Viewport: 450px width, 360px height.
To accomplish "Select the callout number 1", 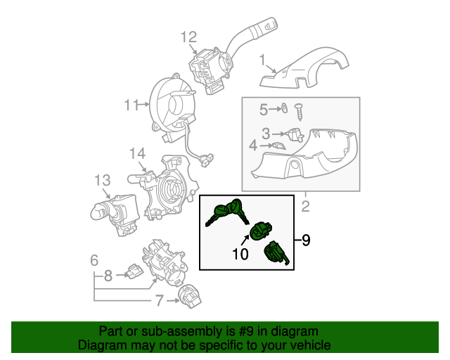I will pyautogui.click(x=262, y=60).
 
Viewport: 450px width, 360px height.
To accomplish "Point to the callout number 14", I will pyautogui.click(x=136, y=153).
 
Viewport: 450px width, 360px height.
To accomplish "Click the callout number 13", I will pyautogui.click(x=103, y=181).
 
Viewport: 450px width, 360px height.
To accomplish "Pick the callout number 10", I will pyautogui.click(x=240, y=254).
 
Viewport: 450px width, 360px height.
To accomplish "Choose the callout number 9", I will pyautogui.click(x=306, y=240).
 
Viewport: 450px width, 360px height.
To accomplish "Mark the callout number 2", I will pyautogui.click(x=306, y=206).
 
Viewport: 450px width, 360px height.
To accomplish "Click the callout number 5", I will pyautogui.click(x=264, y=109).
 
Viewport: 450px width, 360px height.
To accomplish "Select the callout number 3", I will pyautogui.click(x=266, y=133).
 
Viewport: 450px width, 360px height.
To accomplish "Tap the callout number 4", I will pyautogui.click(x=253, y=146).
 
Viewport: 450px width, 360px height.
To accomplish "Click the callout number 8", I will pyautogui.click(x=108, y=276).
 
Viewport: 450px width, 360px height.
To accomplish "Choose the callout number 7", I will pyautogui.click(x=160, y=301).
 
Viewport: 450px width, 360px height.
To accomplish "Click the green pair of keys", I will pyautogui.click(x=226, y=210).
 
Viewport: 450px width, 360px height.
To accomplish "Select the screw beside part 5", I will pyautogui.click(x=299, y=110).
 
